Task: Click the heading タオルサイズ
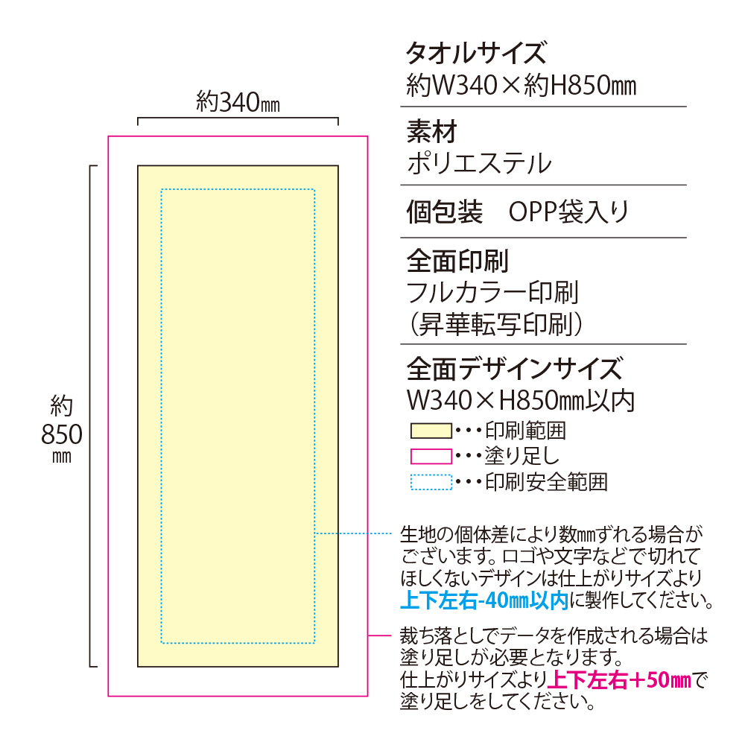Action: pos(476,53)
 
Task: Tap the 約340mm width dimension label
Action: pos(238,102)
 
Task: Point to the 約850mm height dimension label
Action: pos(62,428)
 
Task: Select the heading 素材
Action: pos(431,132)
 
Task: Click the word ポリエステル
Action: pos(479,163)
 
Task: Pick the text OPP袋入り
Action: pos(568,212)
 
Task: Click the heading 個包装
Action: pos(444,212)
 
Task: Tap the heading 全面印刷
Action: pos(457,261)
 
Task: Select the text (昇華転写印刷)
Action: pos(495,325)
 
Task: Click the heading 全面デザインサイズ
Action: pos(514,370)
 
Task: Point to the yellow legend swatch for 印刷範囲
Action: pos(431,431)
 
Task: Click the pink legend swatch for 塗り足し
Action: pos(431,457)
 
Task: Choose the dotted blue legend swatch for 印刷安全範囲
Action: pos(431,482)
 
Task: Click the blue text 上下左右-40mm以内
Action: pos(485,600)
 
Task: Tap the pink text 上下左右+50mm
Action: pos(619,680)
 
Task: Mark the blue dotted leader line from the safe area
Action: pos(353,533)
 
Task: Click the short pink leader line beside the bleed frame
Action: pos(380,635)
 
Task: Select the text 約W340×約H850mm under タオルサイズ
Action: pos(521,86)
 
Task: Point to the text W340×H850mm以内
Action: pos(521,401)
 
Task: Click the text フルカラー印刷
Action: pos(492,292)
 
